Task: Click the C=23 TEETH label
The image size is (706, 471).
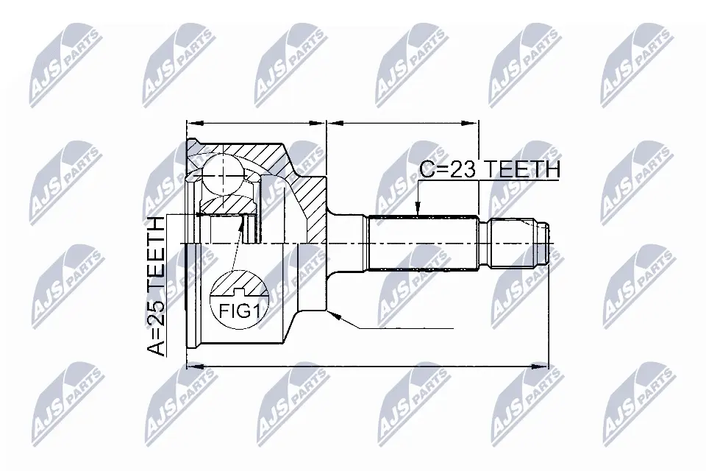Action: point(490,169)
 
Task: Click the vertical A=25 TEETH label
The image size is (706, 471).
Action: point(156,287)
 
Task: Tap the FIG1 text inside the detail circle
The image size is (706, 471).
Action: point(240,311)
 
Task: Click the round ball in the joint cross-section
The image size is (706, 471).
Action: point(224,173)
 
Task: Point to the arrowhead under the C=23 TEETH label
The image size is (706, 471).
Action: point(418,208)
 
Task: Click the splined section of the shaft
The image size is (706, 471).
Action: point(423,244)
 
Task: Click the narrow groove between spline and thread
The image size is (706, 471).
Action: point(484,244)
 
